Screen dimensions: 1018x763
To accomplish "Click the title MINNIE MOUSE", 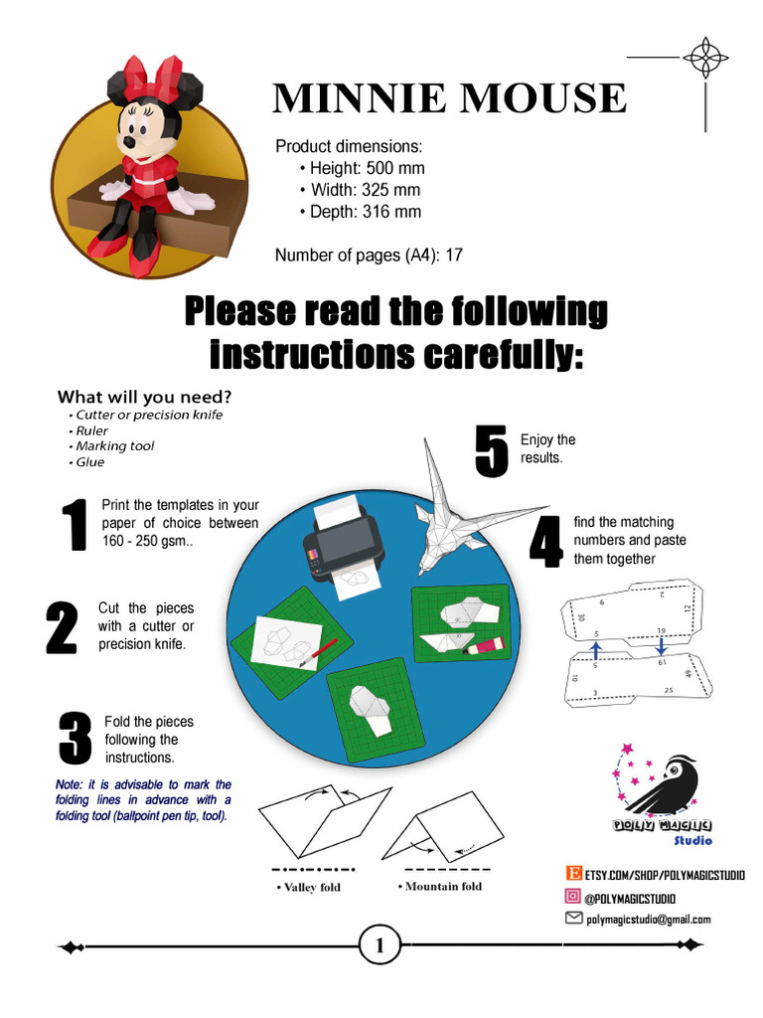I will tap(449, 98).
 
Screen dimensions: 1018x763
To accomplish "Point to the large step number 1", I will tap(74, 526).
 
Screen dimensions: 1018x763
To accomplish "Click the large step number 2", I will tap(62, 627).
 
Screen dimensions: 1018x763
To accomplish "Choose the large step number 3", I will tap(75, 740).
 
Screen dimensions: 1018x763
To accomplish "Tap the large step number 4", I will tap(545, 541).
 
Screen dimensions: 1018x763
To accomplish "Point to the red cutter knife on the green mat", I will tap(318, 652).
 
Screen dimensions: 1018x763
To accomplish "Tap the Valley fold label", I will tap(313, 888).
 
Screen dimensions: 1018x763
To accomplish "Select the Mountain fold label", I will tap(443, 887).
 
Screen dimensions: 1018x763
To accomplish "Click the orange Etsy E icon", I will tap(573, 874).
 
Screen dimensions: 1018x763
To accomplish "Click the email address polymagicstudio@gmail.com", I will tap(648, 920).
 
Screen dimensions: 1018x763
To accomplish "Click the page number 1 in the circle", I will tap(380, 946).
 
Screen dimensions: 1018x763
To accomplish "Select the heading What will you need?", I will tap(144, 397).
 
